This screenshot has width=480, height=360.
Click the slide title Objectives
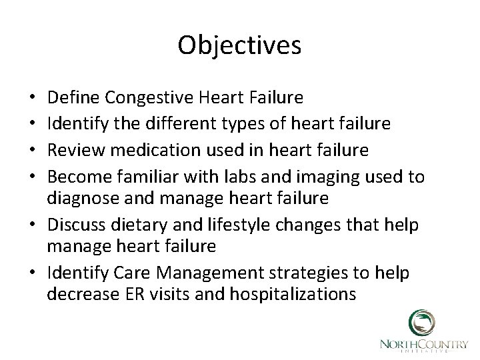tap(240, 45)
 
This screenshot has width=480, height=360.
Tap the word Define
tap(77, 99)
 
